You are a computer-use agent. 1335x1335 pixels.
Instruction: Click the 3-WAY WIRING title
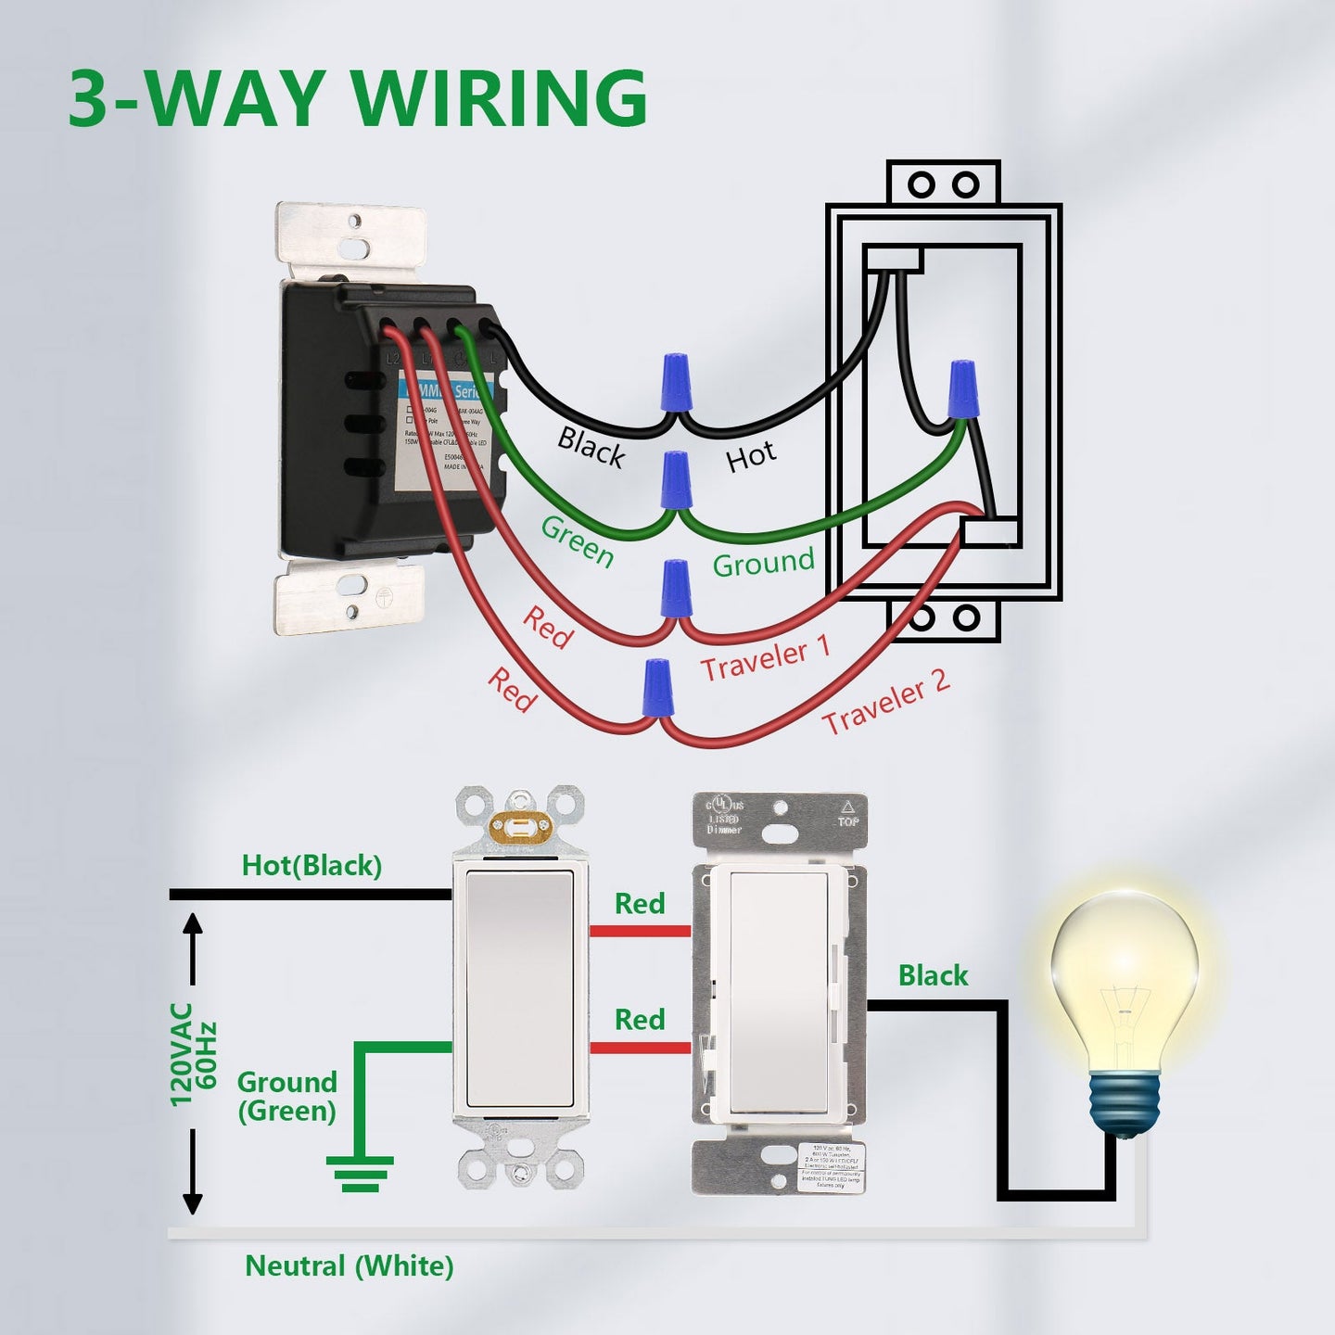point(358,98)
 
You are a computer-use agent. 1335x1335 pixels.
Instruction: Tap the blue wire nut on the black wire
point(676,381)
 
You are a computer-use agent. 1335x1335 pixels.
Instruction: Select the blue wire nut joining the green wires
point(676,480)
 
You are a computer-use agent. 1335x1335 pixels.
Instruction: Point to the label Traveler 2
point(885,702)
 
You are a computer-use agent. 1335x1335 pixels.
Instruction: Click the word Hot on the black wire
point(750,457)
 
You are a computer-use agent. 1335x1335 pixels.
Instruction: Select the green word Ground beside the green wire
point(763,563)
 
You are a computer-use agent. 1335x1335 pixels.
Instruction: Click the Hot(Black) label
point(311,866)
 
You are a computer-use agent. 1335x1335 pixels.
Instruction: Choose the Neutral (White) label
point(349,1266)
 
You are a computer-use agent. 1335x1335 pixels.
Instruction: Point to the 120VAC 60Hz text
point(193,1054)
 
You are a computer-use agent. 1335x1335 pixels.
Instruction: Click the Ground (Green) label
point(286,1096)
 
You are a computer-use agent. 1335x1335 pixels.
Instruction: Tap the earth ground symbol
point(360,1174)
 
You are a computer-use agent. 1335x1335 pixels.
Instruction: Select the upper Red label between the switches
point(640,904)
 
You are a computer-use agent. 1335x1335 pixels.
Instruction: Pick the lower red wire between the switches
point(640,1049)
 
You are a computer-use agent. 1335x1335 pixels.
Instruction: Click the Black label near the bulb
point(933,975)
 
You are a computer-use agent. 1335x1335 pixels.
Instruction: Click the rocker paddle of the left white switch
point(519,988)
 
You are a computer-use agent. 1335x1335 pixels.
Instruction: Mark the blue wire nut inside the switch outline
point(962,389)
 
